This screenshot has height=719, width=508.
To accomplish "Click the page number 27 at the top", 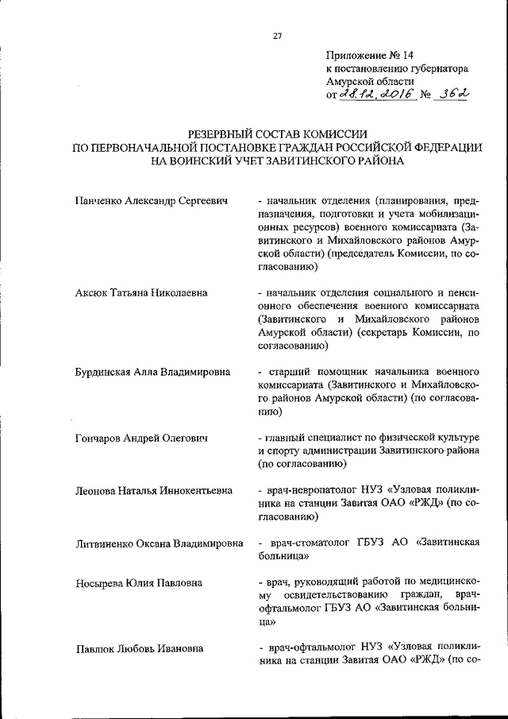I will coord(278,35).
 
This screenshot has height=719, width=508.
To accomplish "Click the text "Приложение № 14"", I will coord(369,56).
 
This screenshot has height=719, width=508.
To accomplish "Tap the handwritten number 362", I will coord(448,94).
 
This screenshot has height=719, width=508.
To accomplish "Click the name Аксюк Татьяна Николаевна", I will coord(140,292).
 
